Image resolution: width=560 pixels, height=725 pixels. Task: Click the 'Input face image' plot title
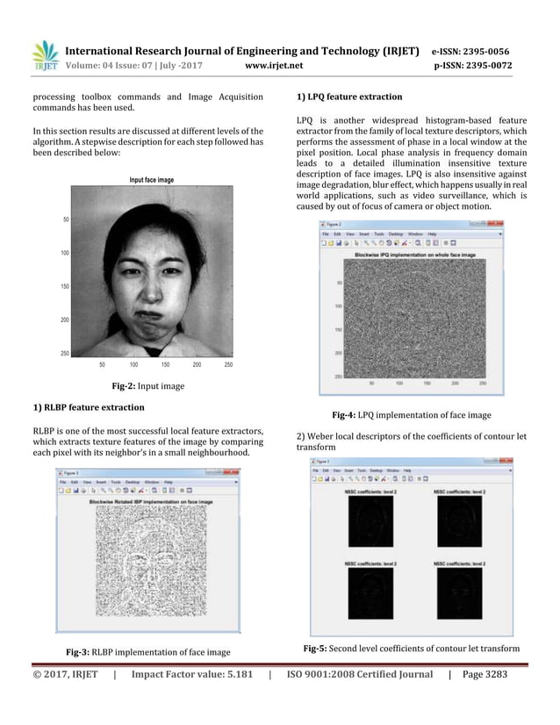(x=151, y=180)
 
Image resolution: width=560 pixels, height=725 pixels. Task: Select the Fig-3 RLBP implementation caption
(x=148, y=652)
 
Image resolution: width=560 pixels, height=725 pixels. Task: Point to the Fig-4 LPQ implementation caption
(x=411, y=415)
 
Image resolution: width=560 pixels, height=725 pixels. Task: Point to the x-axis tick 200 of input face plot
(x=197, y=363)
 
